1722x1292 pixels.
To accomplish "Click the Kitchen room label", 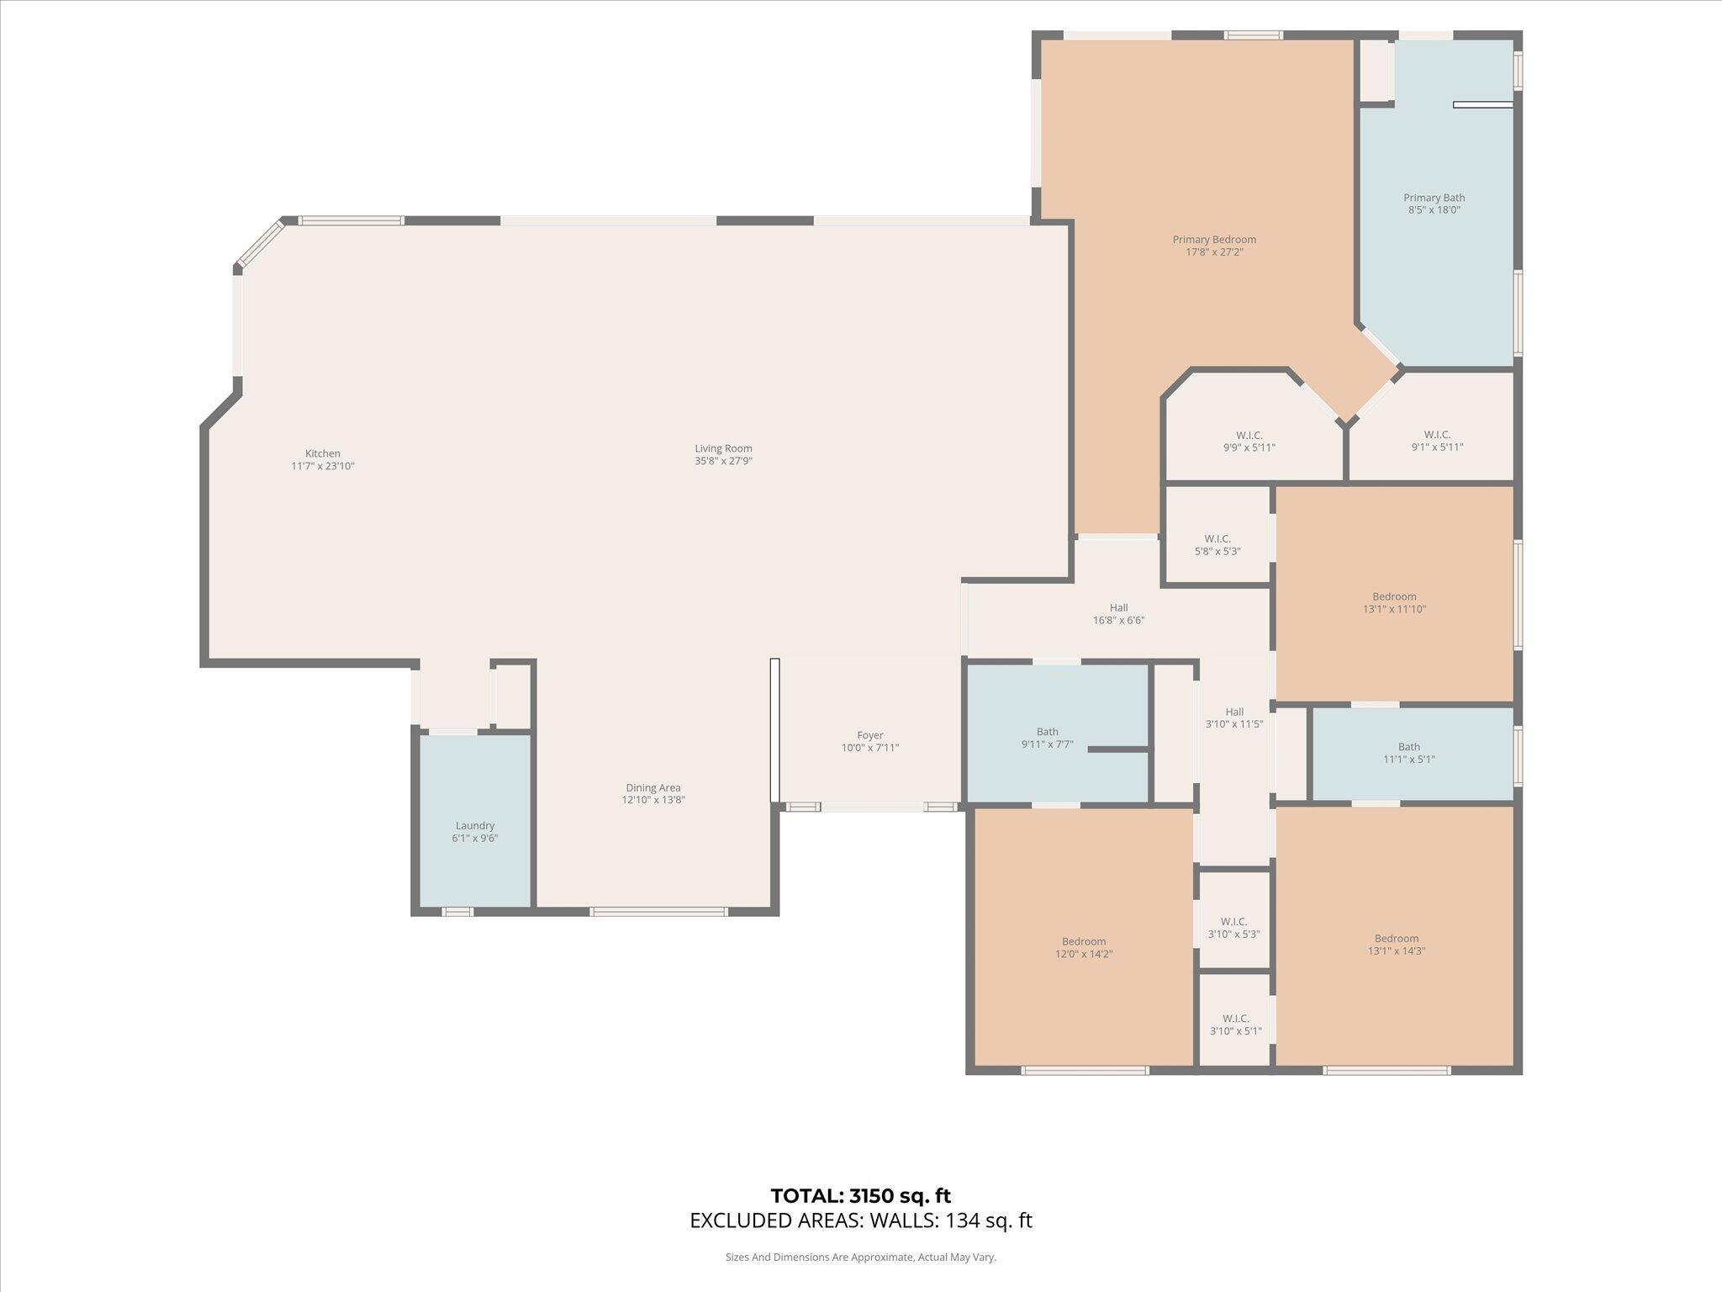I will point(323,454).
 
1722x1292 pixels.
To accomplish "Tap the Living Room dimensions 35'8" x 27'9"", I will point(723,461).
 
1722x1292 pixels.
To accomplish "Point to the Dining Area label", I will point(653,788).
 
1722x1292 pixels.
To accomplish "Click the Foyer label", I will point(870,735).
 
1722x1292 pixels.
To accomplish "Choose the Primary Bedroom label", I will point(1214,240).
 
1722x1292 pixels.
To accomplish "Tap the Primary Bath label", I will point(1434,199).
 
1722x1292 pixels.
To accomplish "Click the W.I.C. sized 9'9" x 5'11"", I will point(1249,442).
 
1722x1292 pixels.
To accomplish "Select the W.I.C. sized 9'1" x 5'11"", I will point(1437,442).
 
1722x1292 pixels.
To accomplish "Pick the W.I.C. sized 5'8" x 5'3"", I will point(1218,545).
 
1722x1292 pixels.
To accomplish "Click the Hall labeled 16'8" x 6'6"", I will point(1118,614).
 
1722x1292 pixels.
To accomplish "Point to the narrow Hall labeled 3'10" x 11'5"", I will point(1234,717).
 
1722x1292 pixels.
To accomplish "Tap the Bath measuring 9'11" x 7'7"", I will point(1047,738).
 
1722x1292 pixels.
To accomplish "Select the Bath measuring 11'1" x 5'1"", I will point(1409,753).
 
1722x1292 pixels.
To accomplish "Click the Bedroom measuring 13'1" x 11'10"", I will point(1394,602).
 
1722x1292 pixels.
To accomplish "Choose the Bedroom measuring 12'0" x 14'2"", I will point(1084,947).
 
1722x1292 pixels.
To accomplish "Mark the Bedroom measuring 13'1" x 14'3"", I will point(1396,945).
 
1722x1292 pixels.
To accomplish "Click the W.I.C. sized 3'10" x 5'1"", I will point(1235,1025).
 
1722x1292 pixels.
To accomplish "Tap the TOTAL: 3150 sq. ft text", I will point(860,1195).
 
